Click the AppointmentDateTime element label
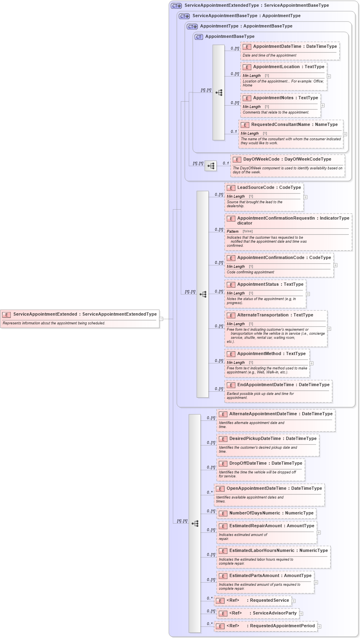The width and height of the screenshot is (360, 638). click(277, 47)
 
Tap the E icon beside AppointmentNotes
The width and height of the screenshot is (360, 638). click(247, 98)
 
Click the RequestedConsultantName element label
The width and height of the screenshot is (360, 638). click(281, 125)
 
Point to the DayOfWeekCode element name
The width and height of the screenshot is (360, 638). click(262, 159)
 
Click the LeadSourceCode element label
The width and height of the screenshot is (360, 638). click(256, 188)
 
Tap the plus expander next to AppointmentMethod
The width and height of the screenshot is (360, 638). click(311, 363)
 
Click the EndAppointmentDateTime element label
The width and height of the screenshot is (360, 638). click(266, 385)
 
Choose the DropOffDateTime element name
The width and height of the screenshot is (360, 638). click(248, 463)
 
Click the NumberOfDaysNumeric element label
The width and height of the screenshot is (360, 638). click(255, 513)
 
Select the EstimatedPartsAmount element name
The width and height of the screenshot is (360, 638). click(254, 576)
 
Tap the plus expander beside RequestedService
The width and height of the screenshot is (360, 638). click(293, 601)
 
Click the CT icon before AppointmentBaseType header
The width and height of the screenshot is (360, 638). click(199, 37)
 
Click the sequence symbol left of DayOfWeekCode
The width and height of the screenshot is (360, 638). click(211, 166)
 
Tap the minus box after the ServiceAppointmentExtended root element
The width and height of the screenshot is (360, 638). click(161, 319)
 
